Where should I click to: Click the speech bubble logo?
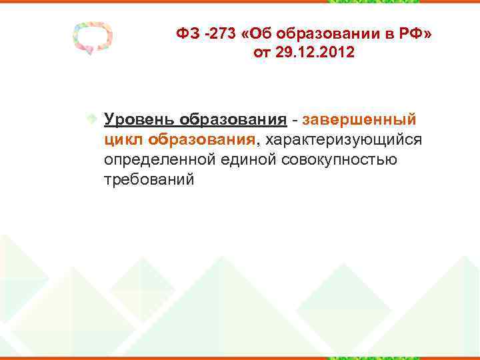93,40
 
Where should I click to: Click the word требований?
149,180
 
